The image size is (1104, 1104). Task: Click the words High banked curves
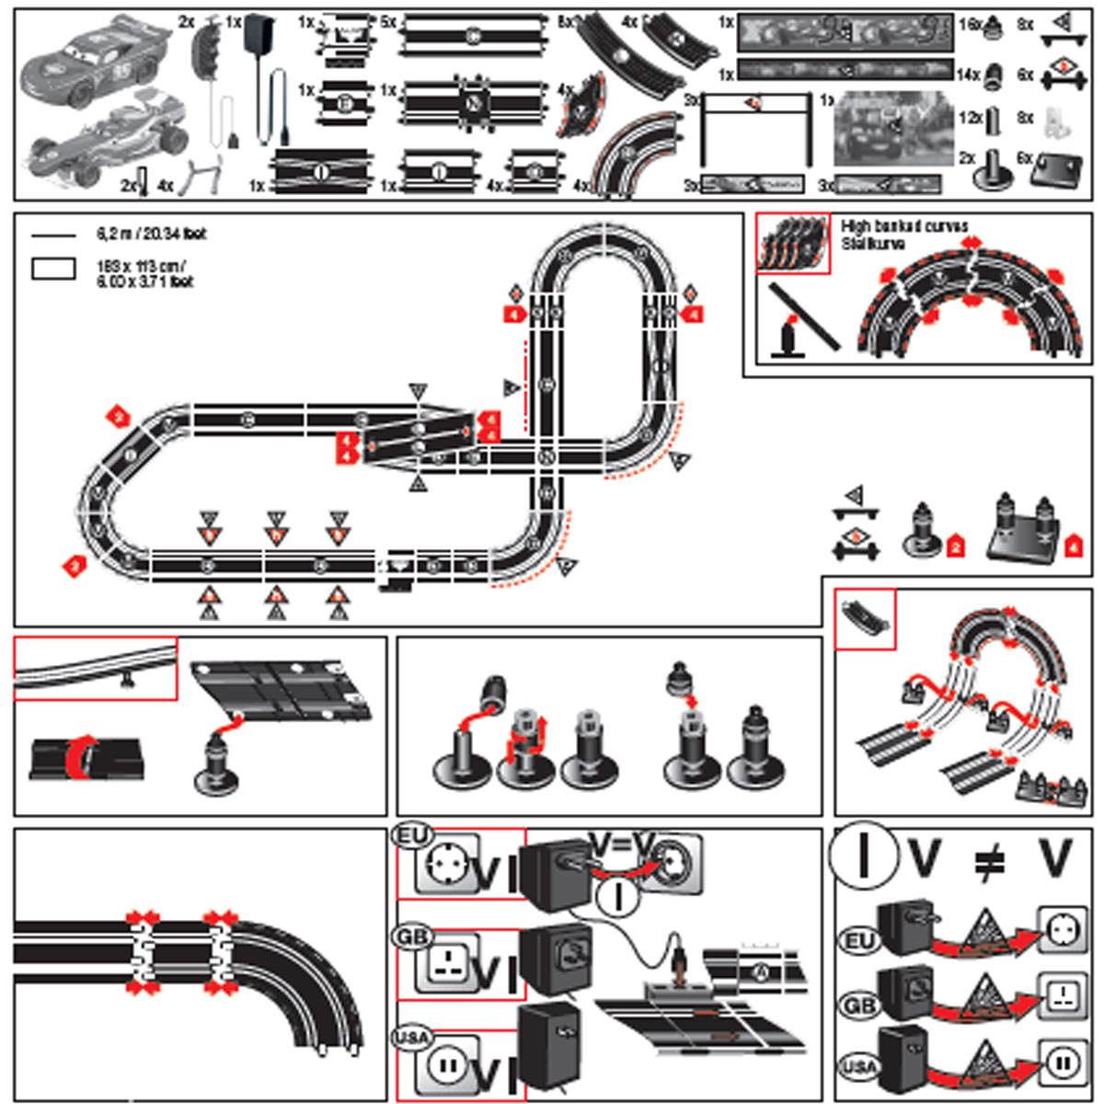tap(903, 225)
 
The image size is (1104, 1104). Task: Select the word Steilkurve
tap(873, 244)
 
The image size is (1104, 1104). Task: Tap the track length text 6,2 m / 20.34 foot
tap(152, 234)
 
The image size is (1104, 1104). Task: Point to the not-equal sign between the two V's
tap(989, 860)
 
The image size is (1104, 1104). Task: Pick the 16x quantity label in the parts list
tap(970, 25)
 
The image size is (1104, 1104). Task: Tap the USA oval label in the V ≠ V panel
tap(859, 1067)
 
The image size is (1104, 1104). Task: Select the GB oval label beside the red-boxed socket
tap(410, 937)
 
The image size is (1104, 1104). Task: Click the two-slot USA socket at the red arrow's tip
tap(1062, 1062)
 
